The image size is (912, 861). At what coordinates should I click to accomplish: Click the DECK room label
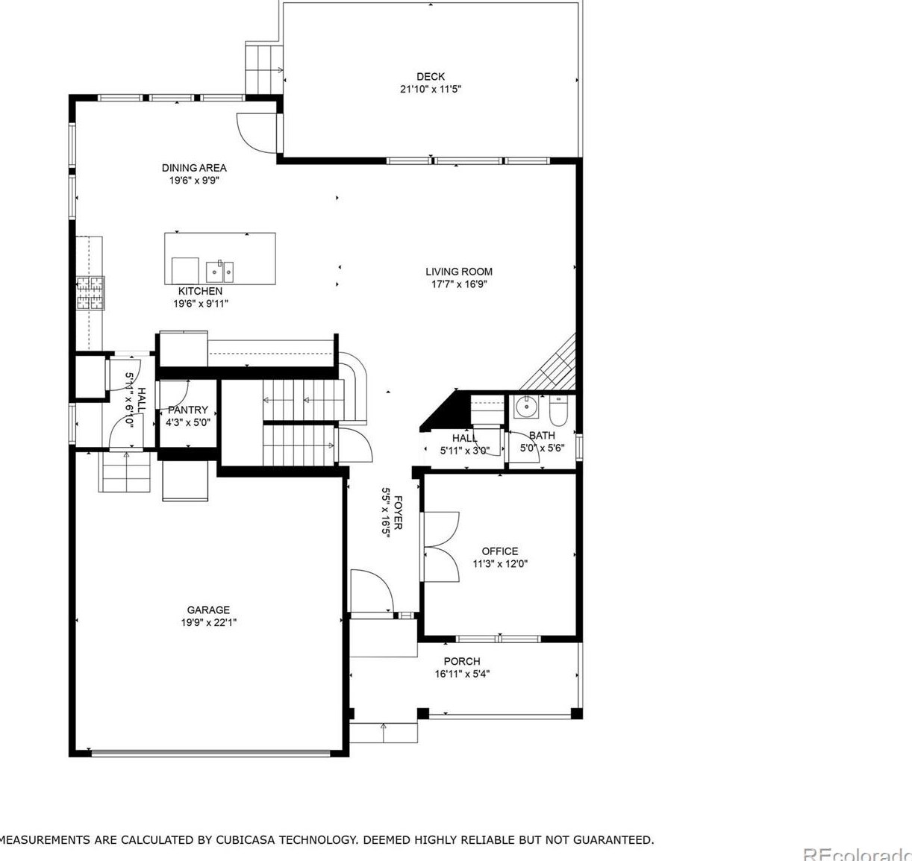431,76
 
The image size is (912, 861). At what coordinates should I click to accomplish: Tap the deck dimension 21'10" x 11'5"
431,89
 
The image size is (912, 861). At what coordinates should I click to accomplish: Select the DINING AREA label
194,168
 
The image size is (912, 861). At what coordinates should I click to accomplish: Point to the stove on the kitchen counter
90,292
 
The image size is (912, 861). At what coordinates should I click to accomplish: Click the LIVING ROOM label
459,272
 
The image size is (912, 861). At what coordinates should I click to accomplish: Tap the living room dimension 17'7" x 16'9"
459,284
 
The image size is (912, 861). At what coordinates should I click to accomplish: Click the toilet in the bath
559,409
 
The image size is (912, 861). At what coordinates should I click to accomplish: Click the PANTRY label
188,410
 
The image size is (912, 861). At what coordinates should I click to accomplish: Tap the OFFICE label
500,551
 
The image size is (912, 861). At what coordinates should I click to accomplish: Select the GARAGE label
208,610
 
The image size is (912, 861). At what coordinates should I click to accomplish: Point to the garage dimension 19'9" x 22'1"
208,622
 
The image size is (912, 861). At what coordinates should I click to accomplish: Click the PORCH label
462,661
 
